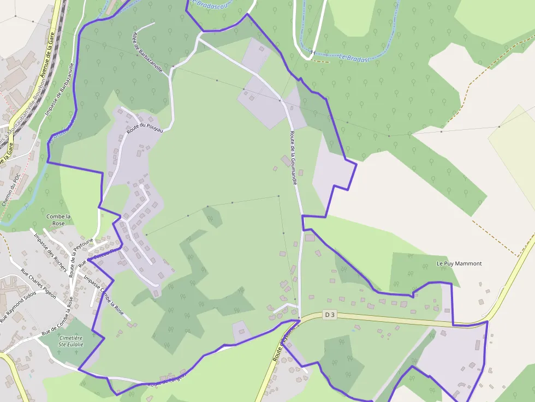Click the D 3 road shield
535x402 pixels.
pyautogui.click(x=329, y=315)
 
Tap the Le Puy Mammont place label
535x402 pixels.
pyautogui.click(x=459, y=263)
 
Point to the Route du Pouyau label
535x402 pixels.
pyautogui.click(x=145, y=129)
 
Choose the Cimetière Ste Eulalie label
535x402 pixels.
pyautogui.click(x=71, y=341)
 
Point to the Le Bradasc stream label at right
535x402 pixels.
pyautogui.click(x=354, y=57)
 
